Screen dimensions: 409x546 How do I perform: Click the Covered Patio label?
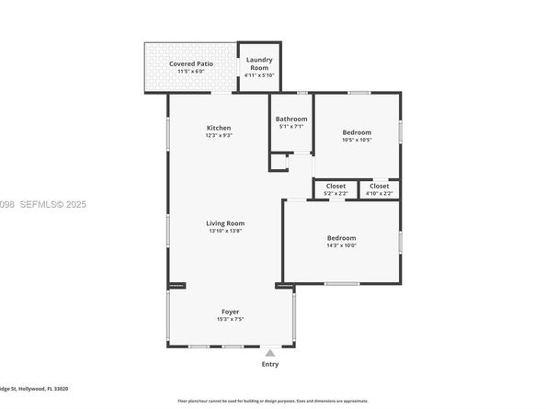click(x=189, y=63)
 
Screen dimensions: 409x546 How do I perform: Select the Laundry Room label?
click(x=258, y=63)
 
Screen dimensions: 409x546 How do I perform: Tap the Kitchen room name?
click(x=218, y=128)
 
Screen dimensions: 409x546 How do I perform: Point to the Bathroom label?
click(x=291, y=119)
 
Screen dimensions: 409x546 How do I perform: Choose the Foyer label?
click(x=230, y=311)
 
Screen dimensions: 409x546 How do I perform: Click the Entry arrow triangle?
click(x=269, y=352)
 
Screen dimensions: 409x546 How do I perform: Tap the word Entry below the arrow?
click(x=269, y=364)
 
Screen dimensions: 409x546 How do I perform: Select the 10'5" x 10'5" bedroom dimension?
click(x=357, y=141)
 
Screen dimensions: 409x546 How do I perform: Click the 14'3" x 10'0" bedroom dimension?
click(x=341, y=245)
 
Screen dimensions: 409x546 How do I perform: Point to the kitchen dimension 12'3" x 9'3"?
click(x=218, y=136)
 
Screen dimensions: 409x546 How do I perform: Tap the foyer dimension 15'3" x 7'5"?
click(x=230, y=319)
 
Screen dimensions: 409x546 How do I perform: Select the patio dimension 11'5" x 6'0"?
click(x=189, y=72)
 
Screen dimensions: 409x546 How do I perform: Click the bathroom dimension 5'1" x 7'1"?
click(x=291, y=127)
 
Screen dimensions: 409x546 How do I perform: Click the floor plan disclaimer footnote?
click(x=272, y=402)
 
